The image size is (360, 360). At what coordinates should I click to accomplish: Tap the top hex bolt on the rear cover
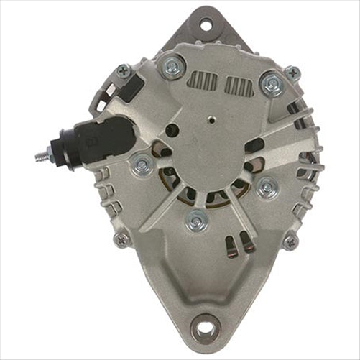pyautogui.click(x=172, y=68)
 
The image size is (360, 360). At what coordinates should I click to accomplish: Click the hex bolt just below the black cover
pyautogui.click(x=142, y=166)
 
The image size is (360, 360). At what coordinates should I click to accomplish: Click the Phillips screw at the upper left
pyautogui.click(x=123, y=71)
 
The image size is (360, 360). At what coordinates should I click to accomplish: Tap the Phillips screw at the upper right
pyautogui.click(x=292, y=73)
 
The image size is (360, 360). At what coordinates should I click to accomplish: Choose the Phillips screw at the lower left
pyautogui.click(x=122, y=239)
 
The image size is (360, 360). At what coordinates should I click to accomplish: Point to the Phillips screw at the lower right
pyautogui.click(x=291, y=242)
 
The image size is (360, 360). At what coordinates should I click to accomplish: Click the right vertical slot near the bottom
pyautogui.click(x=247, y=244)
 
